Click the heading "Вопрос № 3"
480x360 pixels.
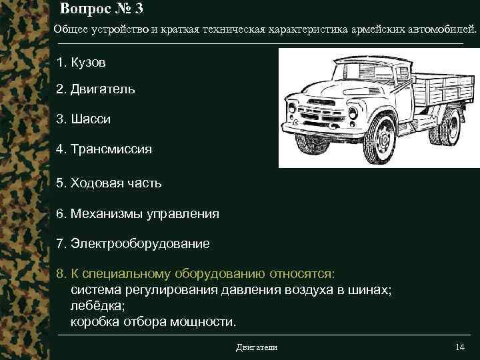tap(101, 9)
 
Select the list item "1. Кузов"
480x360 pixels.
tap(81, 62)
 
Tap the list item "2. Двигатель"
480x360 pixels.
tap(96, 89)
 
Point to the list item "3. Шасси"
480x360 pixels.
tap(83, 119)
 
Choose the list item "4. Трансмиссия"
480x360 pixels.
tap(104, 149)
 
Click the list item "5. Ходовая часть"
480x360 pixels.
tap(109, 182)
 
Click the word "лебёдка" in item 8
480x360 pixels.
tap(95, 307)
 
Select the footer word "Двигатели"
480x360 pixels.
tap(257, 347)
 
